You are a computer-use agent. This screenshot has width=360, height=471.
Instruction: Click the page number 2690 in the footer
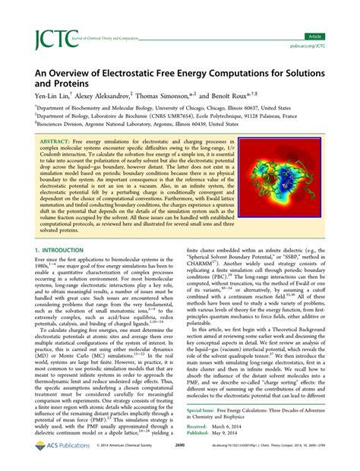pyautogui.click(x=180, y=458)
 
